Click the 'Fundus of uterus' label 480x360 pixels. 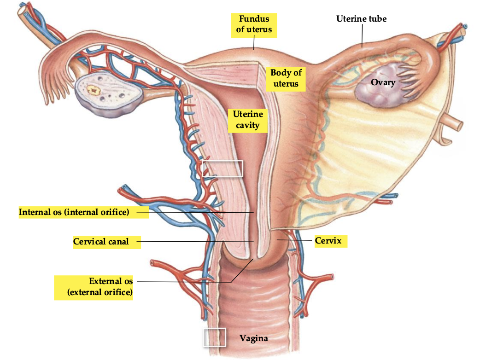pos(254,24)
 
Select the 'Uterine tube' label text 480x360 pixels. pos(361,19)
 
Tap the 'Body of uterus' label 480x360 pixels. pos(286,78)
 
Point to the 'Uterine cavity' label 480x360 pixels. pos(248,119)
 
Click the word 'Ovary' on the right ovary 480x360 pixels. pos(383,82)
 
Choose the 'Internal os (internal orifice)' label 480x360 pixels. pos(74,212)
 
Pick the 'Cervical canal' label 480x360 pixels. pos(101,241)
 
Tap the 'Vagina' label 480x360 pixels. pos(253,338)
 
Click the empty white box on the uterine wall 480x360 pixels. pos(222,168)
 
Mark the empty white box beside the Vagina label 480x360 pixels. pos(214,337)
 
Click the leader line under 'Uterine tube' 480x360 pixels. pos(362,35)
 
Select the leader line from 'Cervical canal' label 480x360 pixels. pos(193,241)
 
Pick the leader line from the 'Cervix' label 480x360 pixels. pos(295,240)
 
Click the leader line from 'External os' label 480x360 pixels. pos(184,281)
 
